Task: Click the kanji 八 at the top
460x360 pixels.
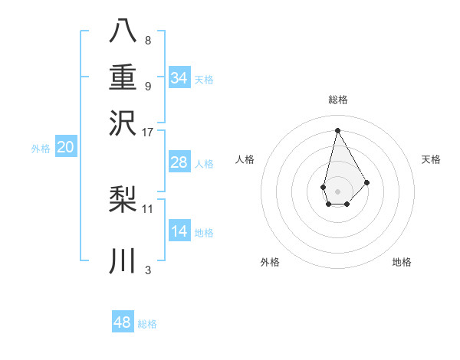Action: click(123, 31)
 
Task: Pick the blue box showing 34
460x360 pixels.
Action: click(179, 77)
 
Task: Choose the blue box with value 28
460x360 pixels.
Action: click(179, 162)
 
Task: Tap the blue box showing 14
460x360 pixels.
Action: click(179, 231)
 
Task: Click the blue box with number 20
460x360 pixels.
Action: click(65, 148)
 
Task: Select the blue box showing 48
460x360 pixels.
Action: click(123, 322)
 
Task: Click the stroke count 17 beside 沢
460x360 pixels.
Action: click(148, 132)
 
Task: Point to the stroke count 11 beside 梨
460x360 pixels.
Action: click(148, 208)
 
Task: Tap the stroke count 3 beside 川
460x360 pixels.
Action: click(147, 270)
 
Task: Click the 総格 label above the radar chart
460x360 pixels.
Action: click(337, 100)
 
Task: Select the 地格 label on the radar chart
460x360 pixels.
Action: click(402, 262)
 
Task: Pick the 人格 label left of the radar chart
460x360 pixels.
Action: click(245, 159)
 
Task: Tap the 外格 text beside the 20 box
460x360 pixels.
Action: click(41, 149)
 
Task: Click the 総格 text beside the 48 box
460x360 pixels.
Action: click(147, 324)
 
